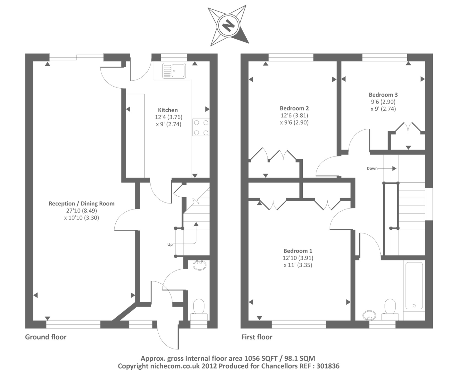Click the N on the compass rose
pos(228,26)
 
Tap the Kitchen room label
pos(168,110)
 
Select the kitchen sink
pos(174,70)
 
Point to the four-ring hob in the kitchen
pos(201,127)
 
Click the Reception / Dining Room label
pos(81,204)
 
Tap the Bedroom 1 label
pos(298,251)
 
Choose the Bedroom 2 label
pos(294,108)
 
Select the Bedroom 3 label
pos(383,95)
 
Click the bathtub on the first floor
pos(414,285)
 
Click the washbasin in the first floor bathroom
pos(369,315)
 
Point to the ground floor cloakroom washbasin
pos(200,265)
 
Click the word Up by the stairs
pos(170,245)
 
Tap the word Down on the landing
pos(372,168)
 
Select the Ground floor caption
pos(46,337)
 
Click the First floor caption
pos(257,337)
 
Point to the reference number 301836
pos(328,366)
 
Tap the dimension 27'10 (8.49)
pos(82,211)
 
